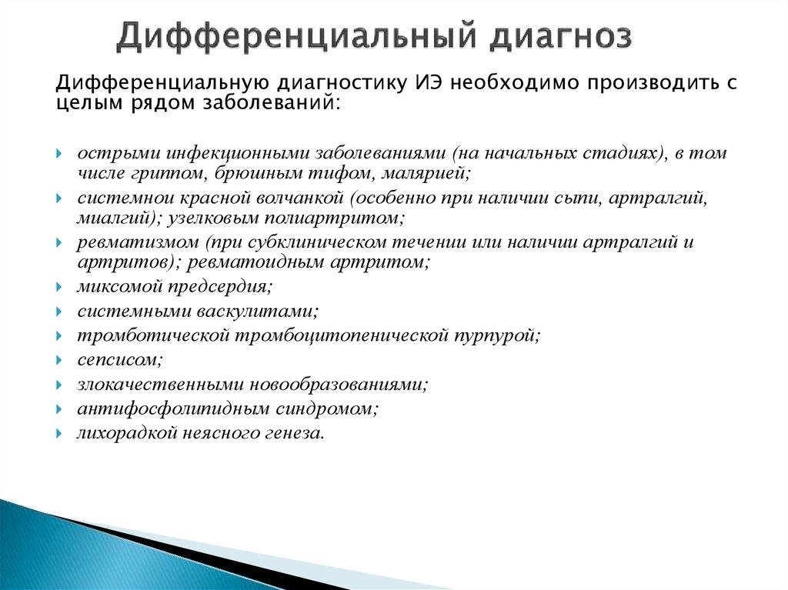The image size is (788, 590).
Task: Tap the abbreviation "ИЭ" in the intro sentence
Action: [x=420, y=84]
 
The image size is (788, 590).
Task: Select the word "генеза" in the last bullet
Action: [x=295, y=433]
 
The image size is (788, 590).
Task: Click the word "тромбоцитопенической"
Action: [x=342, y=335]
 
